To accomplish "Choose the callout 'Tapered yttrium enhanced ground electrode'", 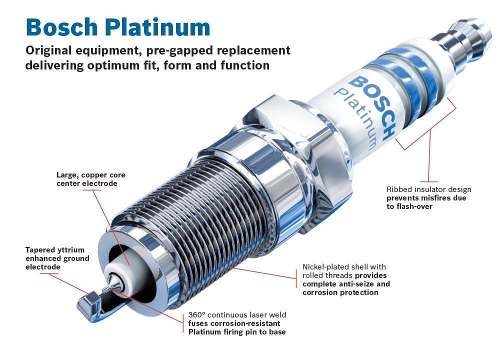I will coord(57,258).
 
